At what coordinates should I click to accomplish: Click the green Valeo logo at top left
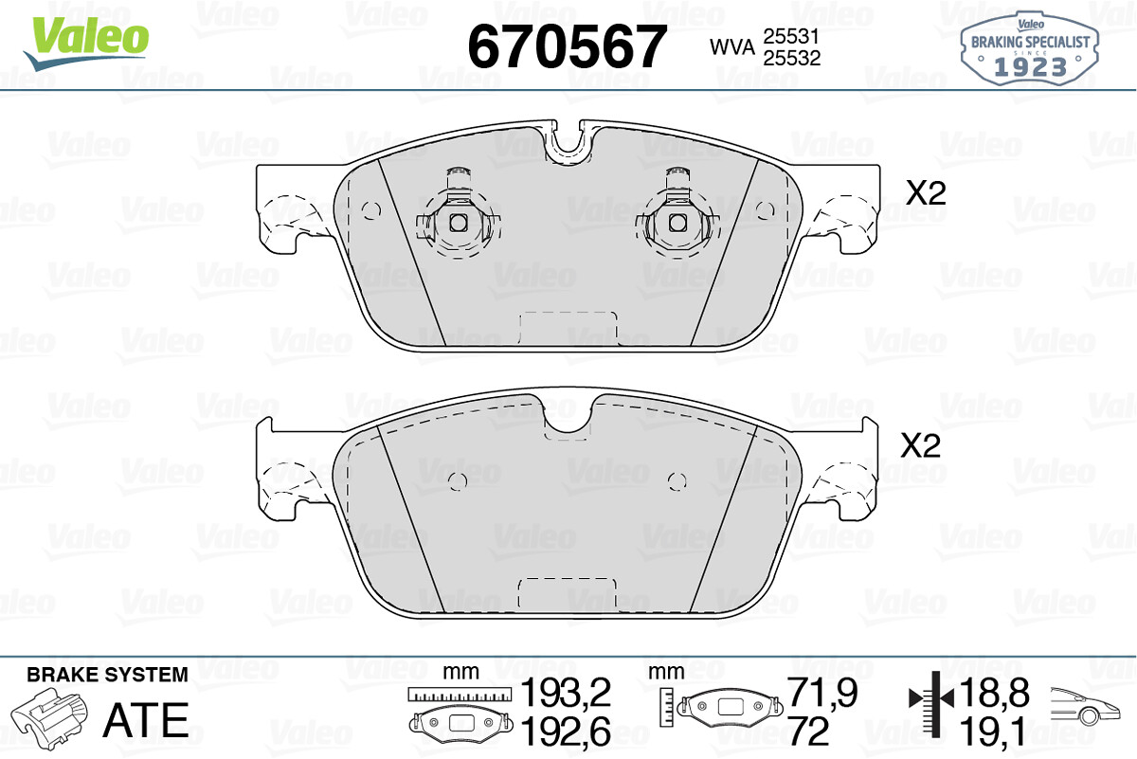pos(86,44)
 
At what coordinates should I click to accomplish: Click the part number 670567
pos(567,46)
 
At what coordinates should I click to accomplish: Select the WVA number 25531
pos(791,36)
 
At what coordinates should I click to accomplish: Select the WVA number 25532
pos(792,58)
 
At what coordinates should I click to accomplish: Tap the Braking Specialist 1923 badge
pos(1030,48)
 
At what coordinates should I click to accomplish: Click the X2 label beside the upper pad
pos(927,193)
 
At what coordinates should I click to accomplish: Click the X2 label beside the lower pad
pos(920,445)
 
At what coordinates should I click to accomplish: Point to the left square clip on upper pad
pos(459,223)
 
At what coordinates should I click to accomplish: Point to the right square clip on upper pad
pos(677,223)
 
